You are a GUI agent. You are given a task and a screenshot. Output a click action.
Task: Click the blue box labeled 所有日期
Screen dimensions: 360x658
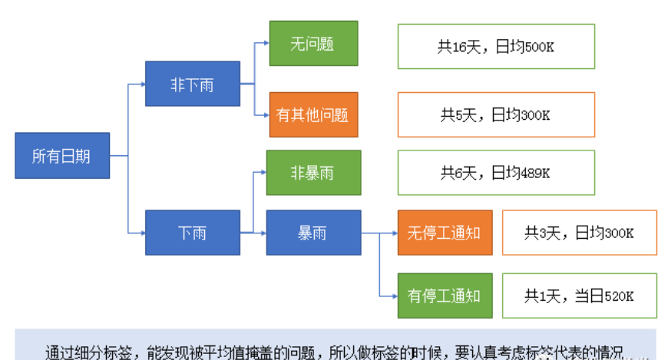coord(61,156)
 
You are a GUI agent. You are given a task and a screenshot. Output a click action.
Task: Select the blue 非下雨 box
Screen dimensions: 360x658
coord(192,84)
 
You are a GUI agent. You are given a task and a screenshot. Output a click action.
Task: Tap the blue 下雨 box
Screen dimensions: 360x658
coord(192,233)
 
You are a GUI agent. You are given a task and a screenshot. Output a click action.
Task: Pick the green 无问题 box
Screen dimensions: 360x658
coord(312,44)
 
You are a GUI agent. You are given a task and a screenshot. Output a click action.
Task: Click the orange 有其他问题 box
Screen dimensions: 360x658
coord(312,115)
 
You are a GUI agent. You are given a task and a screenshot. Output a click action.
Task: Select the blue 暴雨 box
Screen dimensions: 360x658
coord(312,233)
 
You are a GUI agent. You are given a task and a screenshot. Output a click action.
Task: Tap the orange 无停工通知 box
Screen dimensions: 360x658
coord(444,232)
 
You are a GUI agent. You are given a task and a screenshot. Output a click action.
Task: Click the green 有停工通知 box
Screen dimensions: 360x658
coord(444,295)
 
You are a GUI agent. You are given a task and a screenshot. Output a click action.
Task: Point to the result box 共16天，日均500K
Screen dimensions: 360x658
coord(496,47)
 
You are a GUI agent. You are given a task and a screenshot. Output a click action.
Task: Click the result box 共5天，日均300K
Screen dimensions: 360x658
coord(496,115)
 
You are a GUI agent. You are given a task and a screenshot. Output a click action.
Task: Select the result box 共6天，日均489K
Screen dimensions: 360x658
coord(496,173)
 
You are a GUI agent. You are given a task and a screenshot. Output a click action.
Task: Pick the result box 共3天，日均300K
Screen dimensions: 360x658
coord(580,233)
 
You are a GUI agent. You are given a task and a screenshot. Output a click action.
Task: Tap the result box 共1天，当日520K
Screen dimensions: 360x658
coord(580,296)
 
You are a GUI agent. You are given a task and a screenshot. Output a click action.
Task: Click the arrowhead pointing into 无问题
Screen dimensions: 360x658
coord(266,44)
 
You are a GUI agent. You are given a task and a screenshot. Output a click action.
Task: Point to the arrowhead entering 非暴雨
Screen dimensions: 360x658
coord(263,172)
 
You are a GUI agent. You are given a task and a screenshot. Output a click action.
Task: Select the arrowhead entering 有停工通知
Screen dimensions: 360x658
coord(394,295)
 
